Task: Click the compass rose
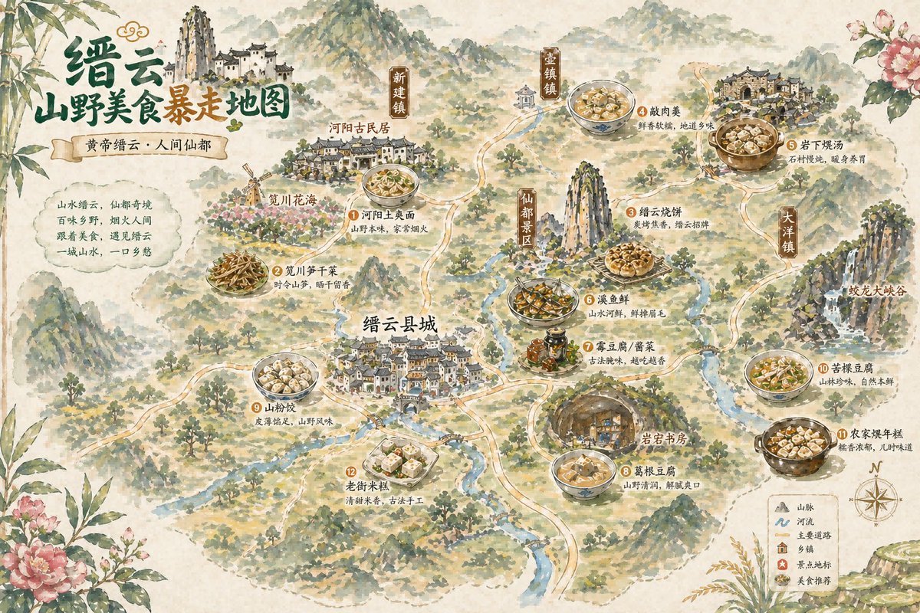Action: pos(876,498)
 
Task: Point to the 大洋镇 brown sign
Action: pos(787,231)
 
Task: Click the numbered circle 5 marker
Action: pos(791,144)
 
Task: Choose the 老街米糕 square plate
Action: pos(401,460)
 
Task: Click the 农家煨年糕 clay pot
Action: pos(795,444)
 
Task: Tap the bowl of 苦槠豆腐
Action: pos(778,374)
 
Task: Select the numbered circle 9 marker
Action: pos(258,408)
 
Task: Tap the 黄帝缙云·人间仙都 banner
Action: pos(139,143)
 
